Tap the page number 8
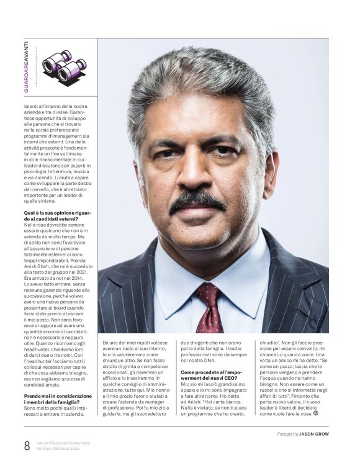(x=27, y=445)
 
